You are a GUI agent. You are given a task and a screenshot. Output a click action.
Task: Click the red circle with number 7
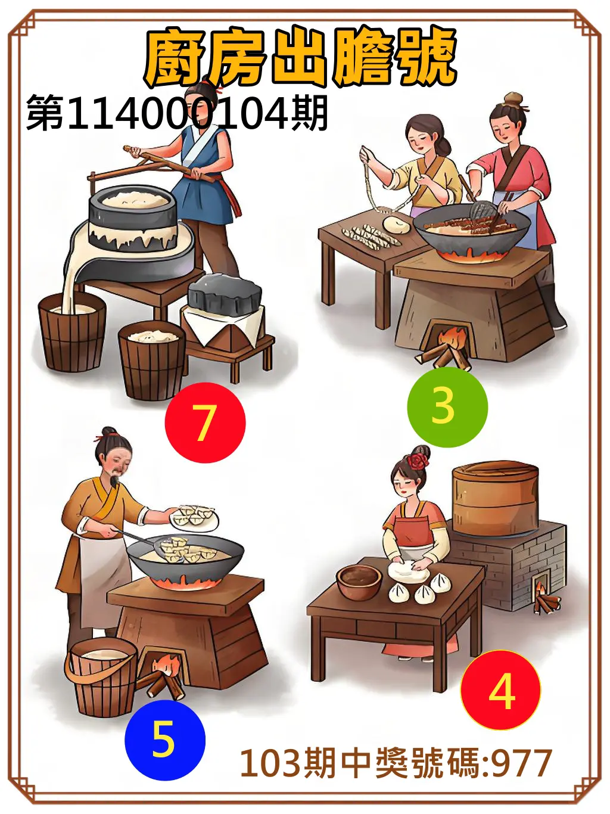click(205, 422)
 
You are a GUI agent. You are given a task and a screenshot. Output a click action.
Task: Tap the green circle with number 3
click(447, 407)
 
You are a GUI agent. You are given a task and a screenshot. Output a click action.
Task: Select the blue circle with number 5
click(164, 740)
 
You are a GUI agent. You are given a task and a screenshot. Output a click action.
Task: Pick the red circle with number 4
click(500, 690)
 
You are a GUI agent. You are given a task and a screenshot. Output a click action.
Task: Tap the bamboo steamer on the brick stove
click(495, 499)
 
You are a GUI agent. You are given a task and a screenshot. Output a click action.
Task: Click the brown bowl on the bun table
click(359, 581)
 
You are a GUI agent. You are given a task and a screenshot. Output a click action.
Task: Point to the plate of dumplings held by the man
click(194, 516)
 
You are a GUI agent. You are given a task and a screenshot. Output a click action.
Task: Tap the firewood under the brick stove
click(546, 601)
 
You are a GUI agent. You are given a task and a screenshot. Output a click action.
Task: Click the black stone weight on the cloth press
click(225, 294)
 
